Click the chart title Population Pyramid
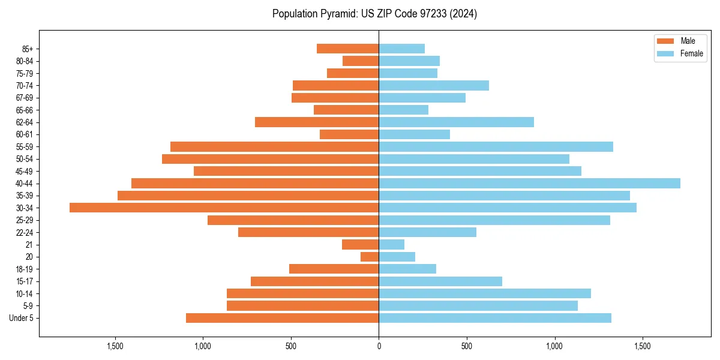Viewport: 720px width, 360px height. tap(374, 14)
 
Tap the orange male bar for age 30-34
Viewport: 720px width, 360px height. tap(224, 208)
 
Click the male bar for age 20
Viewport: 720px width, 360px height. tap(370, 257)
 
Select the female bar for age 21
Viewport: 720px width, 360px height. tap(391, 244)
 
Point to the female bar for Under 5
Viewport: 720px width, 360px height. tap(495, 318)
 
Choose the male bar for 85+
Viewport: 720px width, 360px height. tap(348, 49)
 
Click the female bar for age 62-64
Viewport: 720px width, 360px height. tap(456, 122)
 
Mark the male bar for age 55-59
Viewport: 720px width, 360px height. tap(274, 146)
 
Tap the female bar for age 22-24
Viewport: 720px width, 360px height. tap(427, 232)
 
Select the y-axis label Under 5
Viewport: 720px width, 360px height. tap(22, 318)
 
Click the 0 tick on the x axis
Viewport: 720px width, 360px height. tap(379, 346)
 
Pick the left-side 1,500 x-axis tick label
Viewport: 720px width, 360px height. tap(115, 346)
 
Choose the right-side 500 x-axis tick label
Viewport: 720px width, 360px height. tap(467, 346)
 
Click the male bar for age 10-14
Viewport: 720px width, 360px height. tap(302, 293)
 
